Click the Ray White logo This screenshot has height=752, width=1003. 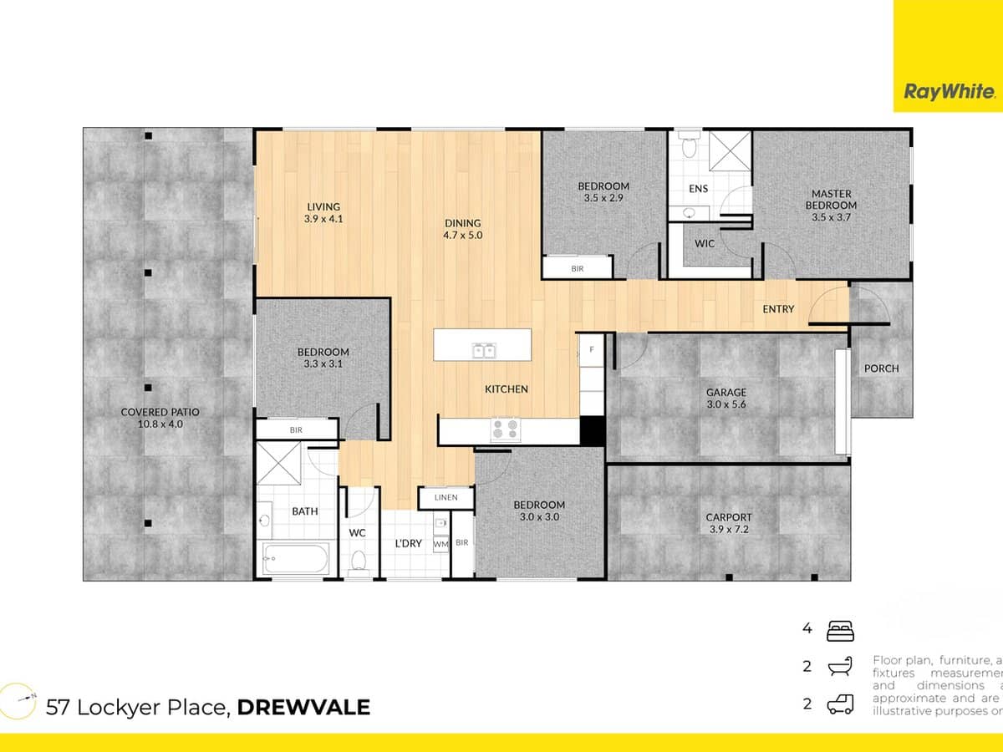(x=948, y=92)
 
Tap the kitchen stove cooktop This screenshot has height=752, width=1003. (x=504, y=429)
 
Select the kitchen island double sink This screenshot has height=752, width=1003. (x=484, y=351)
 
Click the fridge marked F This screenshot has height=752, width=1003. (x=592, y=348)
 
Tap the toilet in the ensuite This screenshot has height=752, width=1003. (x=690, y=147)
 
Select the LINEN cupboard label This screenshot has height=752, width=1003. (x=445, y=498)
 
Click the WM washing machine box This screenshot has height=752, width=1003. (x=440, y=544)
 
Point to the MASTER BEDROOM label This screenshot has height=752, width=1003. (x=832, y=200)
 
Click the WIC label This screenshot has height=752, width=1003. (x=704, y=244)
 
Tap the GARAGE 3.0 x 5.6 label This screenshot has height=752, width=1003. (x=726, y=398)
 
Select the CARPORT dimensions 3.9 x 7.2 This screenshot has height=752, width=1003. (x=729, y=529)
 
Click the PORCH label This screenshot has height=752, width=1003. (x=881, y=368)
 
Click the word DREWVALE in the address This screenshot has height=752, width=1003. (x=303, y=708)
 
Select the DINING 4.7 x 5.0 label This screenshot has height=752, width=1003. (x=463, y=229)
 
